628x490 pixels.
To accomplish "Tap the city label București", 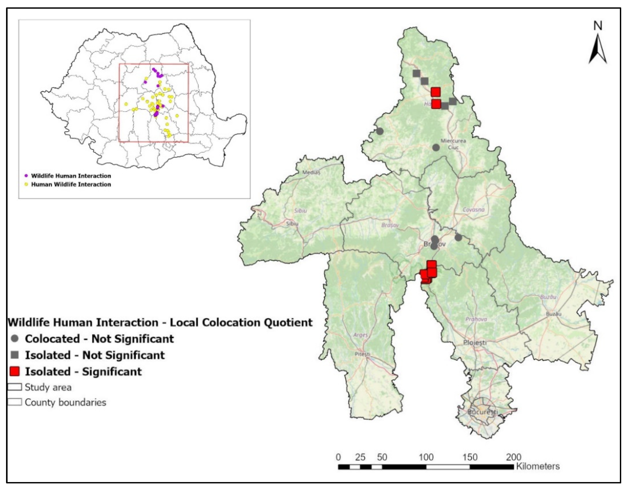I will (482, 412).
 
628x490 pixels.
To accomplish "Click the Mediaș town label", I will (311, 173).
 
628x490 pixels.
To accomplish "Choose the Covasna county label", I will (473, 210).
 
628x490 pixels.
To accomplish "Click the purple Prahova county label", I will (476, 319).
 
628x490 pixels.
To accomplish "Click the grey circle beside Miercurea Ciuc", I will (436, 148).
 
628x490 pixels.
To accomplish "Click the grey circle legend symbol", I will (15, 338).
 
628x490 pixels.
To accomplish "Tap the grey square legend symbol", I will (15, 355).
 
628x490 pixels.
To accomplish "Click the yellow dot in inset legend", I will (26, 184).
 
